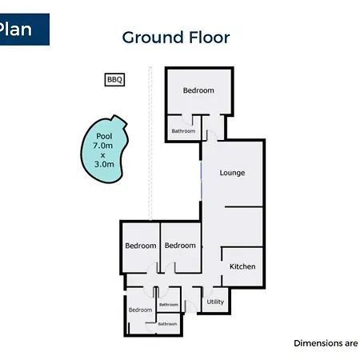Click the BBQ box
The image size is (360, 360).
click(114, 79)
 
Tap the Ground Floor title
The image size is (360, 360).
click(176, 38)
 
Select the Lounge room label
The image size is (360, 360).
click(232, 173)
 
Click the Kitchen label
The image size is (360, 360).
click(242, 266)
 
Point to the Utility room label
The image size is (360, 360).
click(215, 302)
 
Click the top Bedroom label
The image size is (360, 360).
click(198, 90)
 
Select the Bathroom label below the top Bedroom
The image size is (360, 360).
click(183, 131)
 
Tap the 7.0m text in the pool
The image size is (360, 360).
click(102, 146)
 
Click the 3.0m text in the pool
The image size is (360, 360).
click(104, 164)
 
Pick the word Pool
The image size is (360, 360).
click(104, 136)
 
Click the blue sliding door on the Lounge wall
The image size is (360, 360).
click(201, 181)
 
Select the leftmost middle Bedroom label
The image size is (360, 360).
click(141, 246)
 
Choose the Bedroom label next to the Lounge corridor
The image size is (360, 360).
click(180, 246)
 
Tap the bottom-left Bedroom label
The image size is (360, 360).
click(140, 310)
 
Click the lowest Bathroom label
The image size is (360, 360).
click(167, 324)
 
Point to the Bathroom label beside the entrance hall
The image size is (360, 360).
click(169, 305)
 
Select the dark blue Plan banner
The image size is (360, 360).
click(25, 30)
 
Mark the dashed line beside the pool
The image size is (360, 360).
click(150, 143)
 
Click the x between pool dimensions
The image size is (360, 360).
click(102, 155)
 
